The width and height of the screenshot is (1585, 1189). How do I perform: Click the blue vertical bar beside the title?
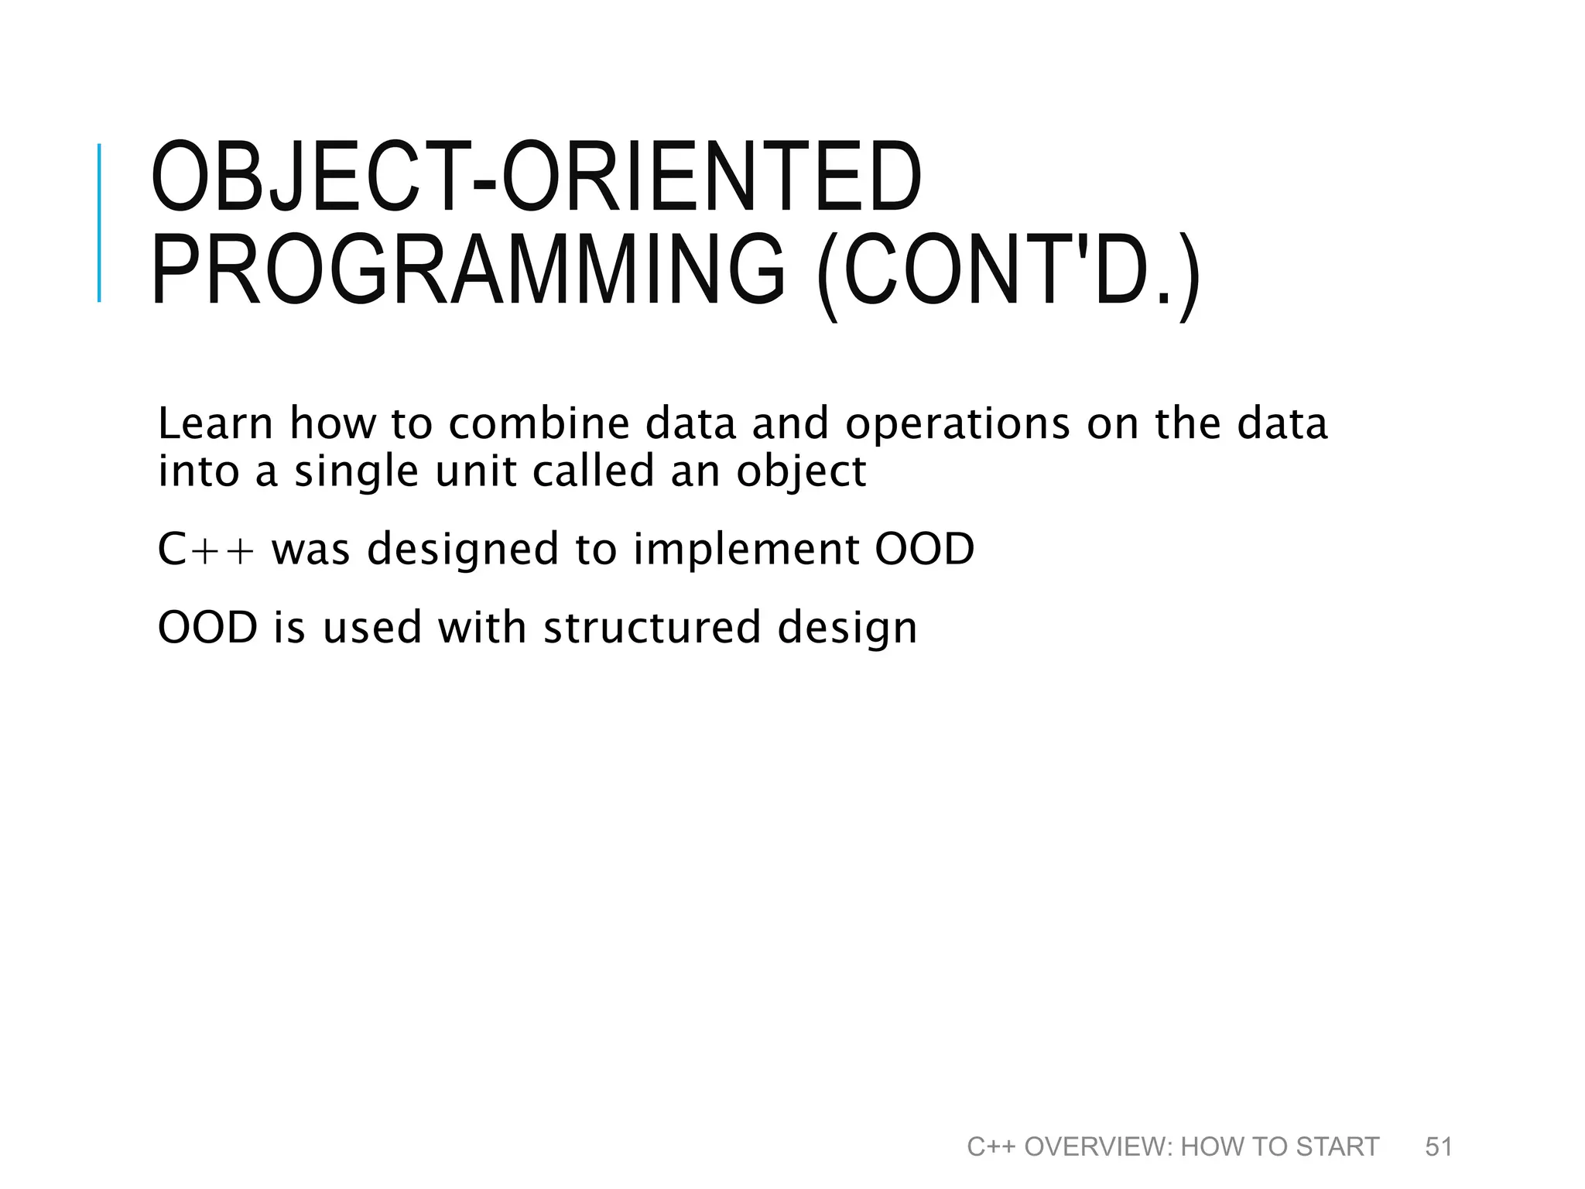99,223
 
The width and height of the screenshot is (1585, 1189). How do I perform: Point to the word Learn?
215,423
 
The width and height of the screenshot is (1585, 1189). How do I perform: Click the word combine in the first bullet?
539,423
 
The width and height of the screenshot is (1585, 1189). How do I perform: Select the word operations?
957,425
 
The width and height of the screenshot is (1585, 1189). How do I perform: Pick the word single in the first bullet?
356,471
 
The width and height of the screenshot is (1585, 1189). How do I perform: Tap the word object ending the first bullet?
801,471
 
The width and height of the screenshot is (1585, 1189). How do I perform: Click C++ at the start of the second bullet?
205,549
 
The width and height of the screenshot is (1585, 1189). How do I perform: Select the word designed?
462,550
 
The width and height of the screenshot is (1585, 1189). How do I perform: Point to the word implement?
746,550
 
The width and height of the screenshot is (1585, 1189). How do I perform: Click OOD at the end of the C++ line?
924,549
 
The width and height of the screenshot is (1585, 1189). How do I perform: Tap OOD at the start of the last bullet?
207,627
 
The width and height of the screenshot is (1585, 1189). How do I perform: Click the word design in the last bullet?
847,629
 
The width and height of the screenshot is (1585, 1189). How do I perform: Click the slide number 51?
1439,1146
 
